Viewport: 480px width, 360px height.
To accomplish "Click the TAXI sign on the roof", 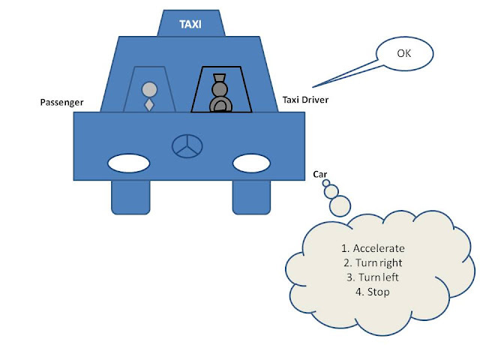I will pos(190,24).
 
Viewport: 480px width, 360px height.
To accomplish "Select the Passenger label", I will pos(61,102).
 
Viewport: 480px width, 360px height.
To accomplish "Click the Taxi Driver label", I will pos(304,100).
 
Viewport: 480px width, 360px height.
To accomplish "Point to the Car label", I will pos(320,174).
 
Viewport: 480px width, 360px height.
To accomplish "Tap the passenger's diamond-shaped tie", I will pos(149,104).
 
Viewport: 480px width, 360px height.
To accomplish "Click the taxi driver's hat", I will pos(219,77).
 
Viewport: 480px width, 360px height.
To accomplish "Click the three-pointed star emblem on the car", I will pos(184,146).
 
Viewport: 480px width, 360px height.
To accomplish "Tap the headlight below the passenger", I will pos(128,161).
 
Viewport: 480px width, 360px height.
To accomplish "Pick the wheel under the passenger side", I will pos(130,196).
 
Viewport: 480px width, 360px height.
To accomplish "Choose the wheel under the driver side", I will pos(251,196).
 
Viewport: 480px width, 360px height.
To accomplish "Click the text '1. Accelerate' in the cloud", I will pos(373,247).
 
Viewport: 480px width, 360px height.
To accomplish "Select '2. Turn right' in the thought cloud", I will pos(373,262).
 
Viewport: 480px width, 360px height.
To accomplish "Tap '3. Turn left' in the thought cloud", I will pos(373,277).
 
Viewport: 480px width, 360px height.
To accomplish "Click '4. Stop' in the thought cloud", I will pos(373,292).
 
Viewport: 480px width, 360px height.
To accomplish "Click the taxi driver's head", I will pos(219,90).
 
